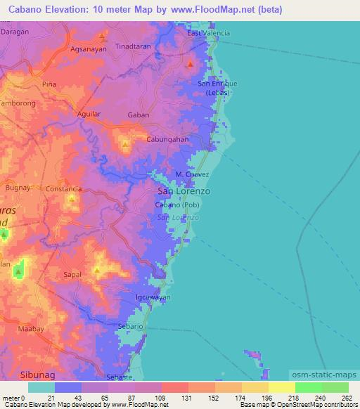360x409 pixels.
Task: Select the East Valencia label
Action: tap(208, 33)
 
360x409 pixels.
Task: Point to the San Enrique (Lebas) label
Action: tap(217, 88)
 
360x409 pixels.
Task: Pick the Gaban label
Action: tap(138, 115)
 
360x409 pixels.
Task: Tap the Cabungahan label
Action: tap(167, 139)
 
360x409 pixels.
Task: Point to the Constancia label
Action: tap(64, 189)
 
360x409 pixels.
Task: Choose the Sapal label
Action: tap(73, 275)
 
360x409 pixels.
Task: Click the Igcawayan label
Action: tap(153, 297)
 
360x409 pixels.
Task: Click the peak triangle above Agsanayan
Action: tap(102, 36)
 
